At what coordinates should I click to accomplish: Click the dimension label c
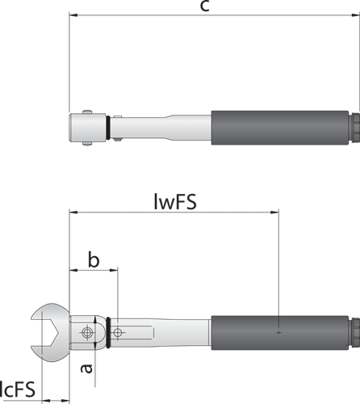[205, 6]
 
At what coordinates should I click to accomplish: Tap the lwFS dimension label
[175, 202]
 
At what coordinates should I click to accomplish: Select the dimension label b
[94, 259]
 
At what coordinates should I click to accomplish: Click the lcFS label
[18, 389]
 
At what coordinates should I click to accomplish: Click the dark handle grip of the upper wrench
[280, 128]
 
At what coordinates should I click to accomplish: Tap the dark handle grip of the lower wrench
[280, 333]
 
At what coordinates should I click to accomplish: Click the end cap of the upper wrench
[354, 128]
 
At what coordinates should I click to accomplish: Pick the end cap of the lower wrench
[354, 333]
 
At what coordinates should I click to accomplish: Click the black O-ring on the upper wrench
[108, 128]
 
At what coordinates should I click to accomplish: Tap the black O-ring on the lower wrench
[108, 333]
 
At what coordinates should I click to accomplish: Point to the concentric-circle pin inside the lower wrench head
[86, 333]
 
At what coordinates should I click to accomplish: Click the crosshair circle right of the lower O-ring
[117, 333]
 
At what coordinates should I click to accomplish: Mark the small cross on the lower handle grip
[278, 333]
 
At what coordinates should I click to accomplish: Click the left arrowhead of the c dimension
[73, 15]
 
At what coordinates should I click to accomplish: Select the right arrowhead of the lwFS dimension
[274, 213]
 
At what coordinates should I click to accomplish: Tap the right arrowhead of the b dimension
[114, 270]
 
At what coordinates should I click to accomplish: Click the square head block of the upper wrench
[87, 128]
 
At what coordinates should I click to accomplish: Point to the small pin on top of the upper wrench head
[87, 112]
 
